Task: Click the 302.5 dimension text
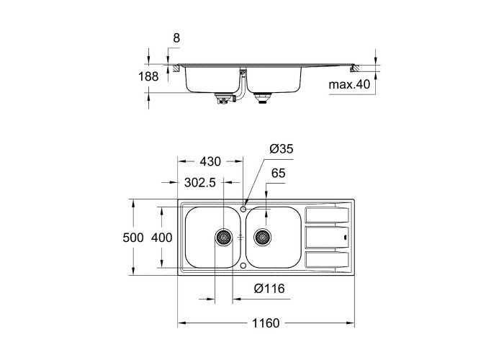200,183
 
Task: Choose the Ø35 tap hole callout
282,149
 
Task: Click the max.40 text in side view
348,84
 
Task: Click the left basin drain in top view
224,236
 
